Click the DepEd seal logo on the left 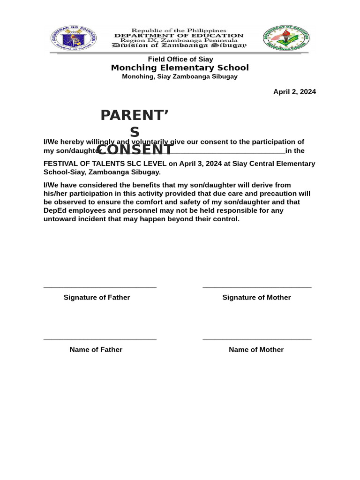tap(74, 38)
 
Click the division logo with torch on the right tap(286, 38)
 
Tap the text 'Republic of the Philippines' tap(179, 30)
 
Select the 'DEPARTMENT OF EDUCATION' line tap(179, 36)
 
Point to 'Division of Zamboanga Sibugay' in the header tap(179, 45)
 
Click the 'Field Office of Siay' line tap(180, 59)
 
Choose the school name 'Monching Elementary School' tap(180, 68)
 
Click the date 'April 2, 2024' tap(294, 92)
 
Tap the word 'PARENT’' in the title tap(135, 115)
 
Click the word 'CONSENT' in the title tap(135, 150)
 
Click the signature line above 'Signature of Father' tap(100, 287)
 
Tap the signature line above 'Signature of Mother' tap(257, 287)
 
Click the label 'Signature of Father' tap(97, 298)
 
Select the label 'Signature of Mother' tap(256, 298)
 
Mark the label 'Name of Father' tap(96, 350)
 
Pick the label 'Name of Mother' tap(256, 350)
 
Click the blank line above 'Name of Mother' tap(257, 339)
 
